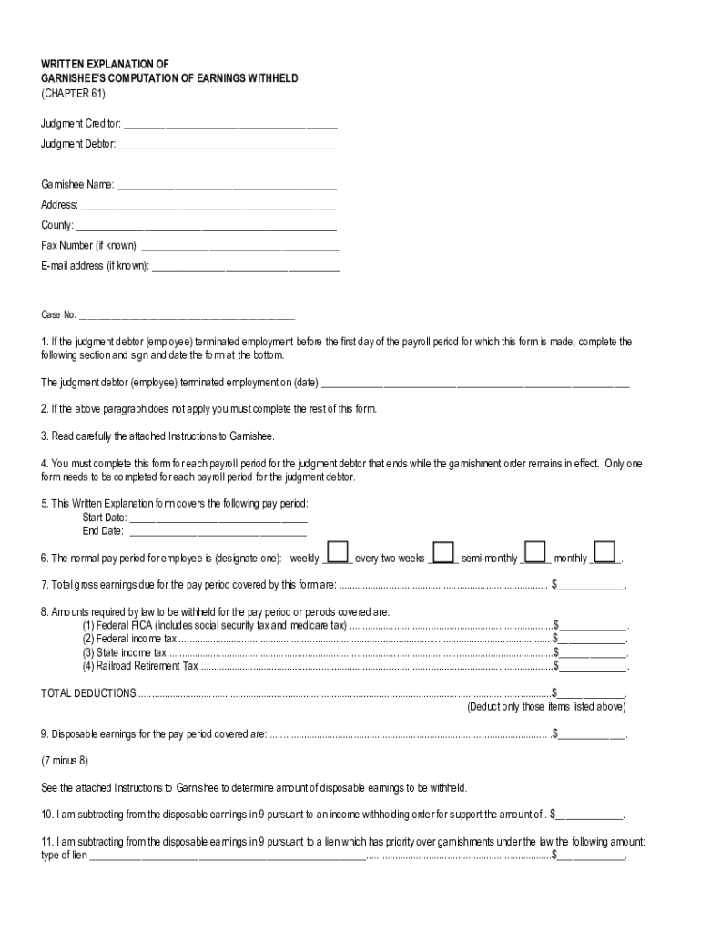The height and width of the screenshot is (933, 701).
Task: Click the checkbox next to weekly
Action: (x=338, y=553)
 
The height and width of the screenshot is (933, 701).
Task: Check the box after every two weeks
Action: (x=443, y=553)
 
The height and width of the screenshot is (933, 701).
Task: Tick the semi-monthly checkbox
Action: (x=535, y=553)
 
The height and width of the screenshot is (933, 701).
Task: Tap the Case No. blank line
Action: (x=187, y=318)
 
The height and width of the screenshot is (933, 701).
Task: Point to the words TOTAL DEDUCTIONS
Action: (x=88, y=692)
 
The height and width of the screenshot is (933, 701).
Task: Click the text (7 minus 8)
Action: (x=65, y=760)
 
